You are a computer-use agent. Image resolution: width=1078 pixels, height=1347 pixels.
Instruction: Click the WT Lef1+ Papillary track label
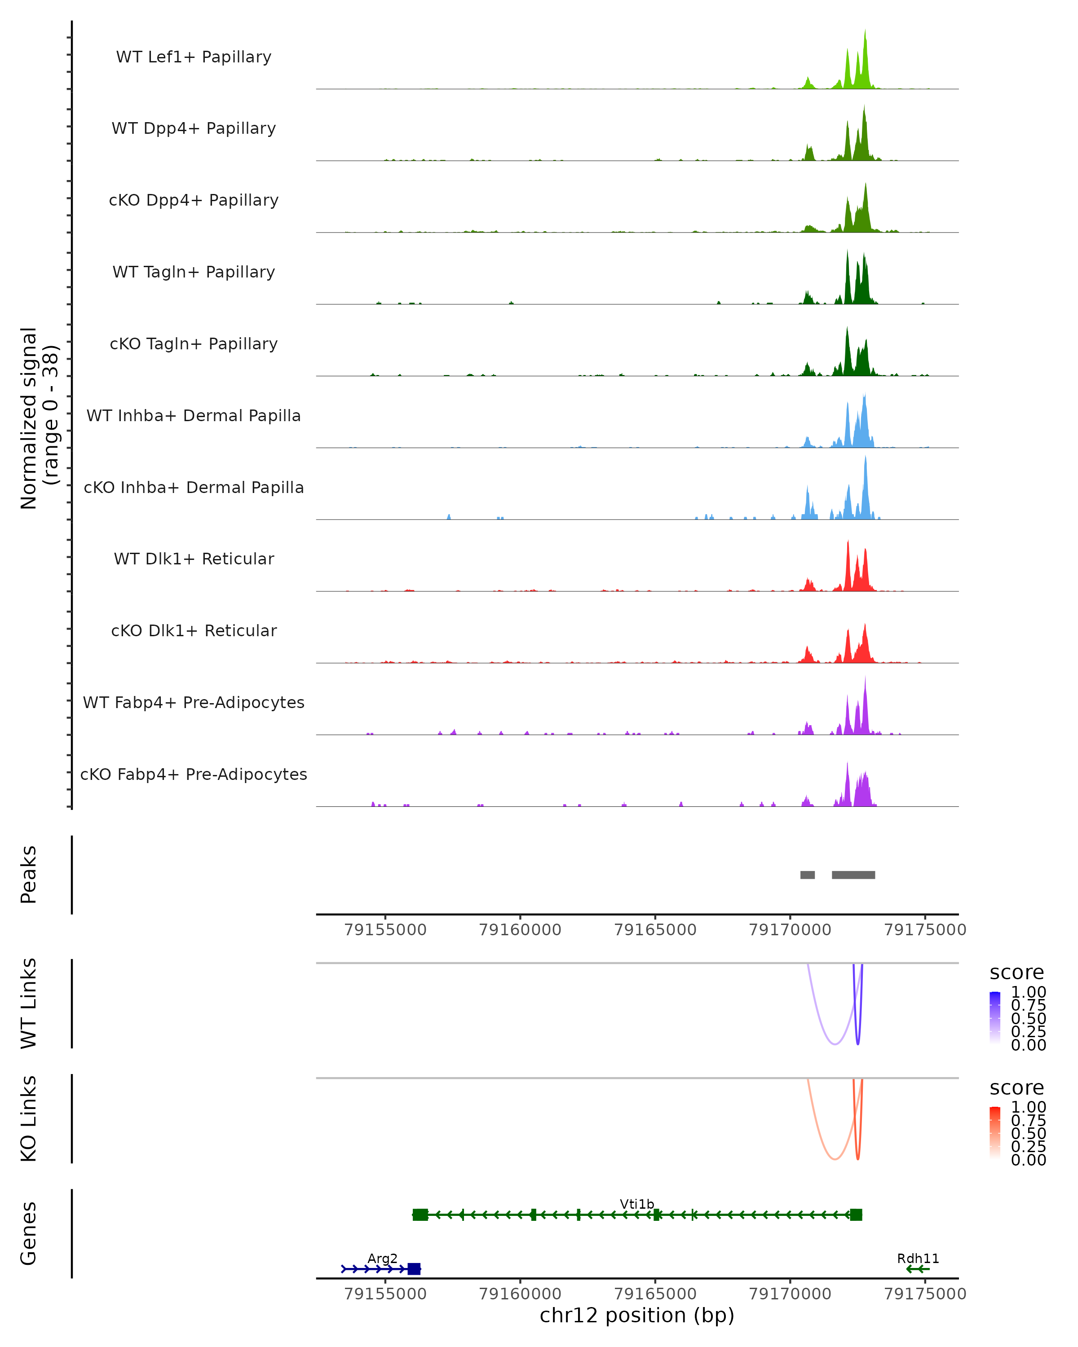pos(194,57)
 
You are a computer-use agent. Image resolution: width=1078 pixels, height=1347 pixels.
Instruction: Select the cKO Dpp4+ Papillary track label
pos(194,201)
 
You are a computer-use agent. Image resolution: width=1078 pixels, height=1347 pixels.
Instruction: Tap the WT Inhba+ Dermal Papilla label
pos(194,416)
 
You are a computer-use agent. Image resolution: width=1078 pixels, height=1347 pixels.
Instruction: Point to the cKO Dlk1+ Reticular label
pos(194,631)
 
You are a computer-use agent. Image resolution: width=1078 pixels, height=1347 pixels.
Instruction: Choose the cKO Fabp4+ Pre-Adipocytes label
pos(194,775)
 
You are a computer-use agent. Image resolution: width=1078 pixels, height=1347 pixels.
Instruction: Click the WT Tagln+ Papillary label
pos(194,273)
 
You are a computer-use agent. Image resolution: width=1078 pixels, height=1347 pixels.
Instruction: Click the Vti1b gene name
pos(637,1204)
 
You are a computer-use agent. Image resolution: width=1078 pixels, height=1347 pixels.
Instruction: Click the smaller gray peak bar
pos(808,875)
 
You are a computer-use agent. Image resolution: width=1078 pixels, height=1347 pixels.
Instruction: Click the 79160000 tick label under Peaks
pos(520,930)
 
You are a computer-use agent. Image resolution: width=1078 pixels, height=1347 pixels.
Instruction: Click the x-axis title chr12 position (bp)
pos(637,1316)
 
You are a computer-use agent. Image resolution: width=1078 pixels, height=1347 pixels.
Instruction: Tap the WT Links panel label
pos(29,1003)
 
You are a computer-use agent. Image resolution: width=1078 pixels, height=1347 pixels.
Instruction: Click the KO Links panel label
pos(29,1118)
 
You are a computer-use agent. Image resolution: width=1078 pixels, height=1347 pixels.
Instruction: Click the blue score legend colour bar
pos(995,1018)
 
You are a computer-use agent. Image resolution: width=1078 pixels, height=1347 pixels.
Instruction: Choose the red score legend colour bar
pos(995,1133)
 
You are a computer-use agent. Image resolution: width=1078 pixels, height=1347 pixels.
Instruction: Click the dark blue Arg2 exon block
pos(414,1269)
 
